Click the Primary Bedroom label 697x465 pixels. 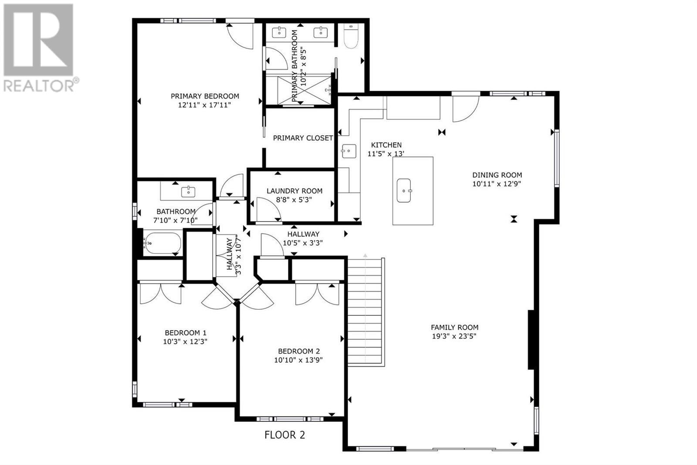click(205, 96)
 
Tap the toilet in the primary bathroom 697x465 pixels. click(351, 36)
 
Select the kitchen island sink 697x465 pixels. click(404, 191)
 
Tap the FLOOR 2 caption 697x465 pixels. click(285, 435)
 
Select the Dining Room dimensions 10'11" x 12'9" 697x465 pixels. click(497, 184)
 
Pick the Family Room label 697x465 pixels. click(455, 327)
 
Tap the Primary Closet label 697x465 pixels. click(303, 138)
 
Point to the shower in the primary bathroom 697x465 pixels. click(305, 90)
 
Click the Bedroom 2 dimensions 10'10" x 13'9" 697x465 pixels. click(298, 360)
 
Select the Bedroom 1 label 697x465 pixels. click(186, 332)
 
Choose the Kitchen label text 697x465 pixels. click(386, 145)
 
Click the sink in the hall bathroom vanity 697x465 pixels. click(188, 191)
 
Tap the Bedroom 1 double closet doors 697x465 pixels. click(161, 293)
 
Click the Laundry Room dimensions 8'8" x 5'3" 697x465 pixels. click(294, 199)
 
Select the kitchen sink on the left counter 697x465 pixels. click(349, 151)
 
